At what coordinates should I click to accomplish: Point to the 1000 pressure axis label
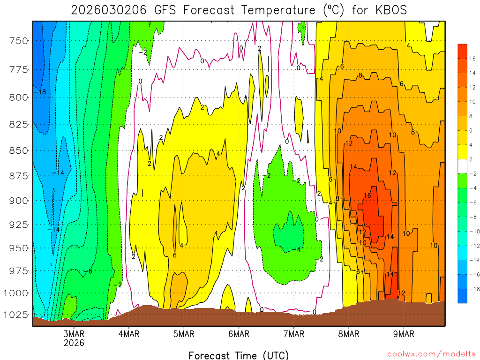click(x=17, y=293)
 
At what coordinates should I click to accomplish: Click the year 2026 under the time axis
click(x=74, y=343)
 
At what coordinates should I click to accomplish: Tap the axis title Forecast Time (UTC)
click(x=239, y=355)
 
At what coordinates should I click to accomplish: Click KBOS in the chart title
click(x=390, y=10)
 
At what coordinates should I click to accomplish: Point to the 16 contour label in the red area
click(x=367, y=195)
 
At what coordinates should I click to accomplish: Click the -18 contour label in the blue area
click(x=40, y=92)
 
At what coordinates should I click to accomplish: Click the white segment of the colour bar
click(x=463, y=166)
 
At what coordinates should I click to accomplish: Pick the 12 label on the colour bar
click(x=472, y=87)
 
